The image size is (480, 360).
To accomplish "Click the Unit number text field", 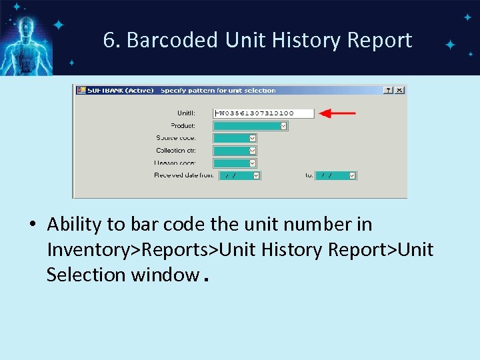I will pyautogui.click(x=263, y=113).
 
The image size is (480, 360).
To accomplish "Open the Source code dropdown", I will pyautogui.click(x=235, y=138).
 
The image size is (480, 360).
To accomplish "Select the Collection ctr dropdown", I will pyautogui.click(x=235, y=151).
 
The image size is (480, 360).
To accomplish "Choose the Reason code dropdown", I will pyautogui.click(x=235, y=163).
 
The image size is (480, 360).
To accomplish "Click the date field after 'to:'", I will pyautogui.click(x=336, y=175).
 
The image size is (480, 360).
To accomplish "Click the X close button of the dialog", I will pyautogui.click(x=399, y=90).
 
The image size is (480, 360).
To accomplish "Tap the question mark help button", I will pyautogui.click(x=389, y=90).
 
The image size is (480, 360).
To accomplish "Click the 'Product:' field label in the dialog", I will pyautogui.click(x=183, y=125).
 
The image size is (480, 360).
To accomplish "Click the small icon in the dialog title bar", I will pyautogui.click(x=81, y=90).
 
